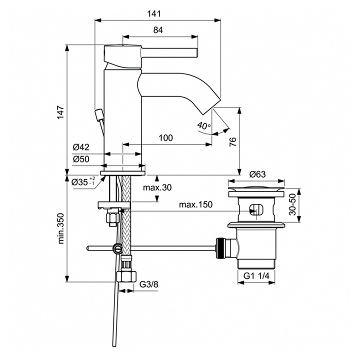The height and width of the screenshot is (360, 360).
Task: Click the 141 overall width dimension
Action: point(154,13)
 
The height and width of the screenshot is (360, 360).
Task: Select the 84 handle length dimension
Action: point(158,30)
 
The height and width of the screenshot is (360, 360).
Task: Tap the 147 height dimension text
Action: point(60,112)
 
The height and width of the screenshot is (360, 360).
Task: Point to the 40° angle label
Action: point(204,125)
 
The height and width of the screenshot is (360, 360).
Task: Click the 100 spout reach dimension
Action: point(166,138)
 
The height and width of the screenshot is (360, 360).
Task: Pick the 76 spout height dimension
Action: point(232,142)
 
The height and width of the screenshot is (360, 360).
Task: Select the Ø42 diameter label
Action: point(81,147)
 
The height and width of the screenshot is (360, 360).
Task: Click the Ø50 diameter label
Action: point(81,159)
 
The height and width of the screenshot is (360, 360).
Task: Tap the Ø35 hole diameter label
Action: point(83,181)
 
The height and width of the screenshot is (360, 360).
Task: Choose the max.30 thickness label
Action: point(157,187)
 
